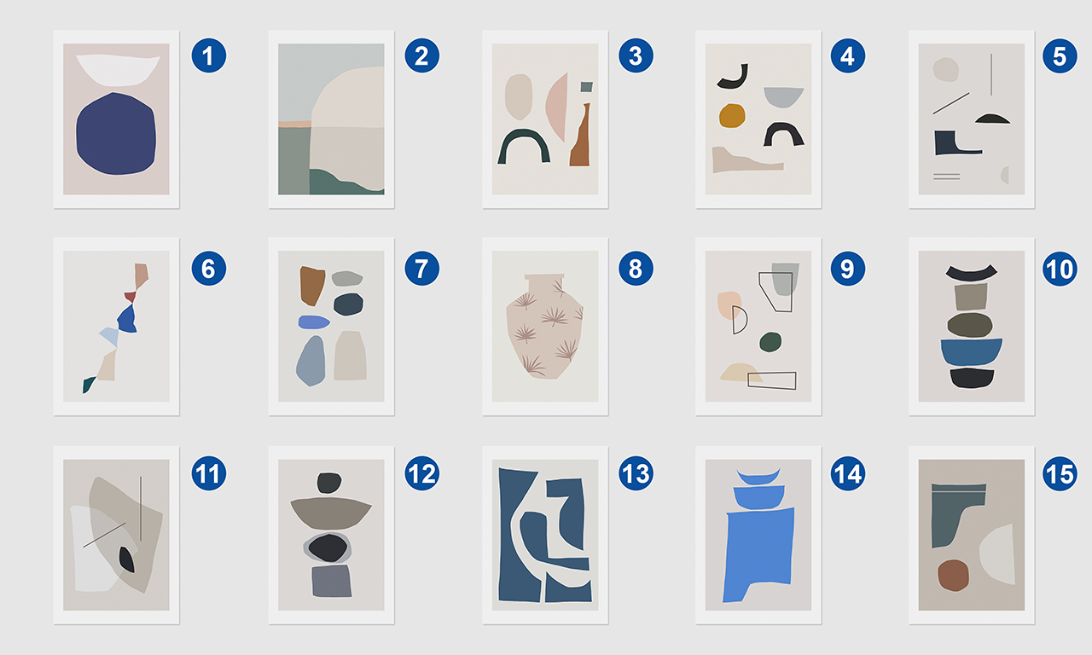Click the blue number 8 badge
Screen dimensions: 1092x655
(636, 269)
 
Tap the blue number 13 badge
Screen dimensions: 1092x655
(636, 473)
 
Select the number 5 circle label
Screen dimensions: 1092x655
(1060, 56)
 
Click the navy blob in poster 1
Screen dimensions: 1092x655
(116, 134)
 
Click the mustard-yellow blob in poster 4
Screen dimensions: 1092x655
(732, 115)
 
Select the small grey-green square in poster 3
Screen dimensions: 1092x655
(586, 87)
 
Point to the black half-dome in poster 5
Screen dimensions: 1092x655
(992, 119)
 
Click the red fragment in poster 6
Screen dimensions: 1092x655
(131, 296)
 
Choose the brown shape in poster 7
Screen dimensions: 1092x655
(312, 286)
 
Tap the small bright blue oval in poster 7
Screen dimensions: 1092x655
(314, 322)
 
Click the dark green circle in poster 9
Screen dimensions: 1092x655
(770, 342)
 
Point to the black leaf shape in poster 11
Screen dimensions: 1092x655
(127, 559)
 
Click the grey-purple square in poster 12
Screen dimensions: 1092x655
(332, 581)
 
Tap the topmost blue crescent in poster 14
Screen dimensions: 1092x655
(758, 476)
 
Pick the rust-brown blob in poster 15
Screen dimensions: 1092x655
(953, 576)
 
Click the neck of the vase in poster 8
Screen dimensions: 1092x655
(544, 284)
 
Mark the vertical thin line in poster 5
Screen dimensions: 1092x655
(991, 74)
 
